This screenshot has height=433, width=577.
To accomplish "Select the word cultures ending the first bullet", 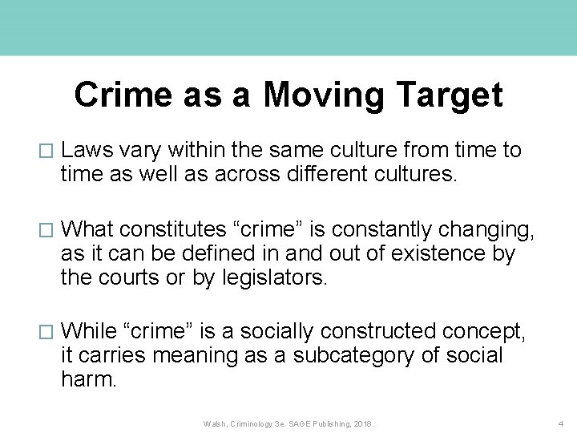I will pyautogui.click(x=414, y=174).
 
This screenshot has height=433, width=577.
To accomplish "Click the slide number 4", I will pyautogui.click(x=561, y=423).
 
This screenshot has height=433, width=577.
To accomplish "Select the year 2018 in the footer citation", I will pyautogui.click(x=362, y=423).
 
